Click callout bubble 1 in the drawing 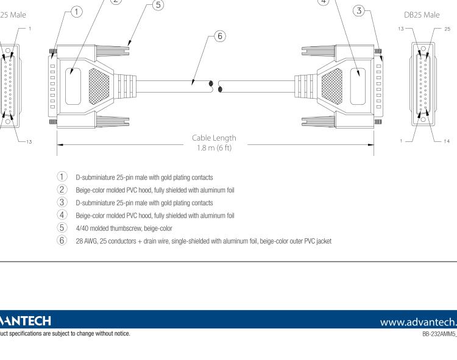pyautogui.click(x=76, y=11)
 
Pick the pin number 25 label pyautogui.click(x=447, y=29)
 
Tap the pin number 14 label pyautogui.click(x=447, y=141)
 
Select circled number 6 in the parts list pyautogui.click(x=62, y=240)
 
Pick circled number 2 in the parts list pyautogui.click(x=62, y=189)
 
